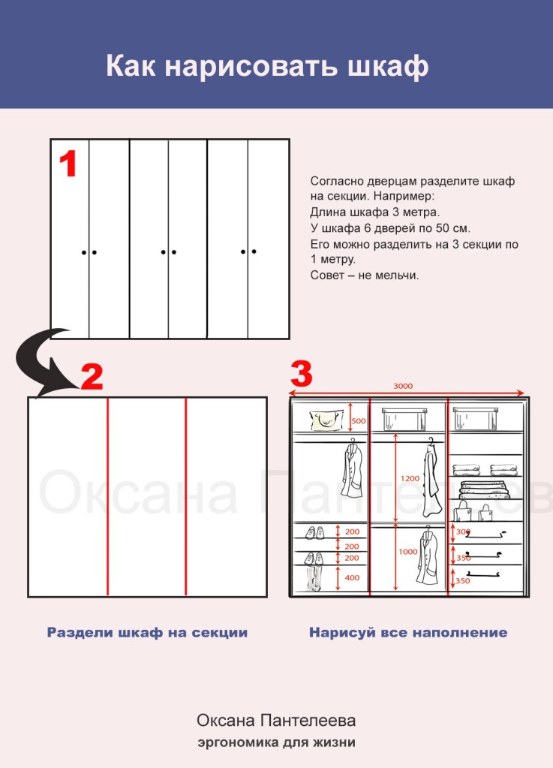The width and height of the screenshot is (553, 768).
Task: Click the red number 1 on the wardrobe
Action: (x=68, y=164)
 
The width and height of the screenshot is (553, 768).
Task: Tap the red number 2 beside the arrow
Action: (x=92, y=377)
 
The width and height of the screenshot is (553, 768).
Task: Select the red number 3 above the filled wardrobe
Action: (x=301, y=374)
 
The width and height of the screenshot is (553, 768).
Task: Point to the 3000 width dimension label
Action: (x=403, y=386)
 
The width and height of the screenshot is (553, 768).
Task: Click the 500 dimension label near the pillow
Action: (x=359, y=421)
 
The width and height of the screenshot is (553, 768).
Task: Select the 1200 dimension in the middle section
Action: (x=410, y=478)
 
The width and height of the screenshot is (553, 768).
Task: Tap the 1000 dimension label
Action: (x=408, y=552)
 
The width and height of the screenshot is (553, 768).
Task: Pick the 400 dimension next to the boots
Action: (x=351, y=578)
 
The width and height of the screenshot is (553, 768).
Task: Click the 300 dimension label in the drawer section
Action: (x=463, y=532)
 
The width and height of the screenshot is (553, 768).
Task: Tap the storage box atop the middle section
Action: (x=403, y=419)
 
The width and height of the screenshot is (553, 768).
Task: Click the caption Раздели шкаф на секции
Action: (x=147, y=633)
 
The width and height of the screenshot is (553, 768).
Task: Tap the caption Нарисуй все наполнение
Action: (x=407, y=633)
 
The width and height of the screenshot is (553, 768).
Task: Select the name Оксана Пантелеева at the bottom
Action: (x=276, y=721)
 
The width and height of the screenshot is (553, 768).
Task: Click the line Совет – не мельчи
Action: (x=365, y=276)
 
